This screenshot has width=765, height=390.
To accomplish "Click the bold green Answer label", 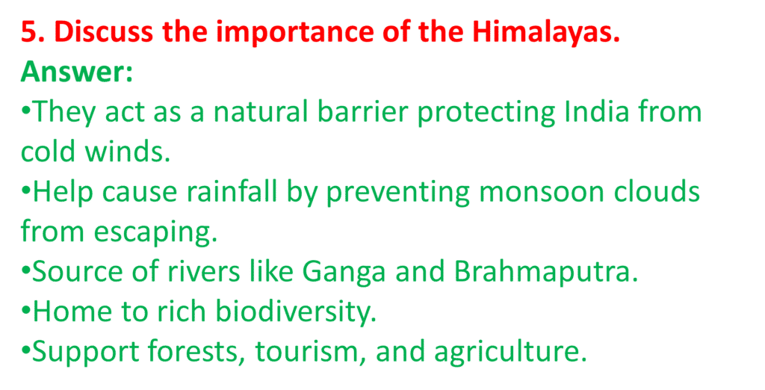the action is pos(76,72).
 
